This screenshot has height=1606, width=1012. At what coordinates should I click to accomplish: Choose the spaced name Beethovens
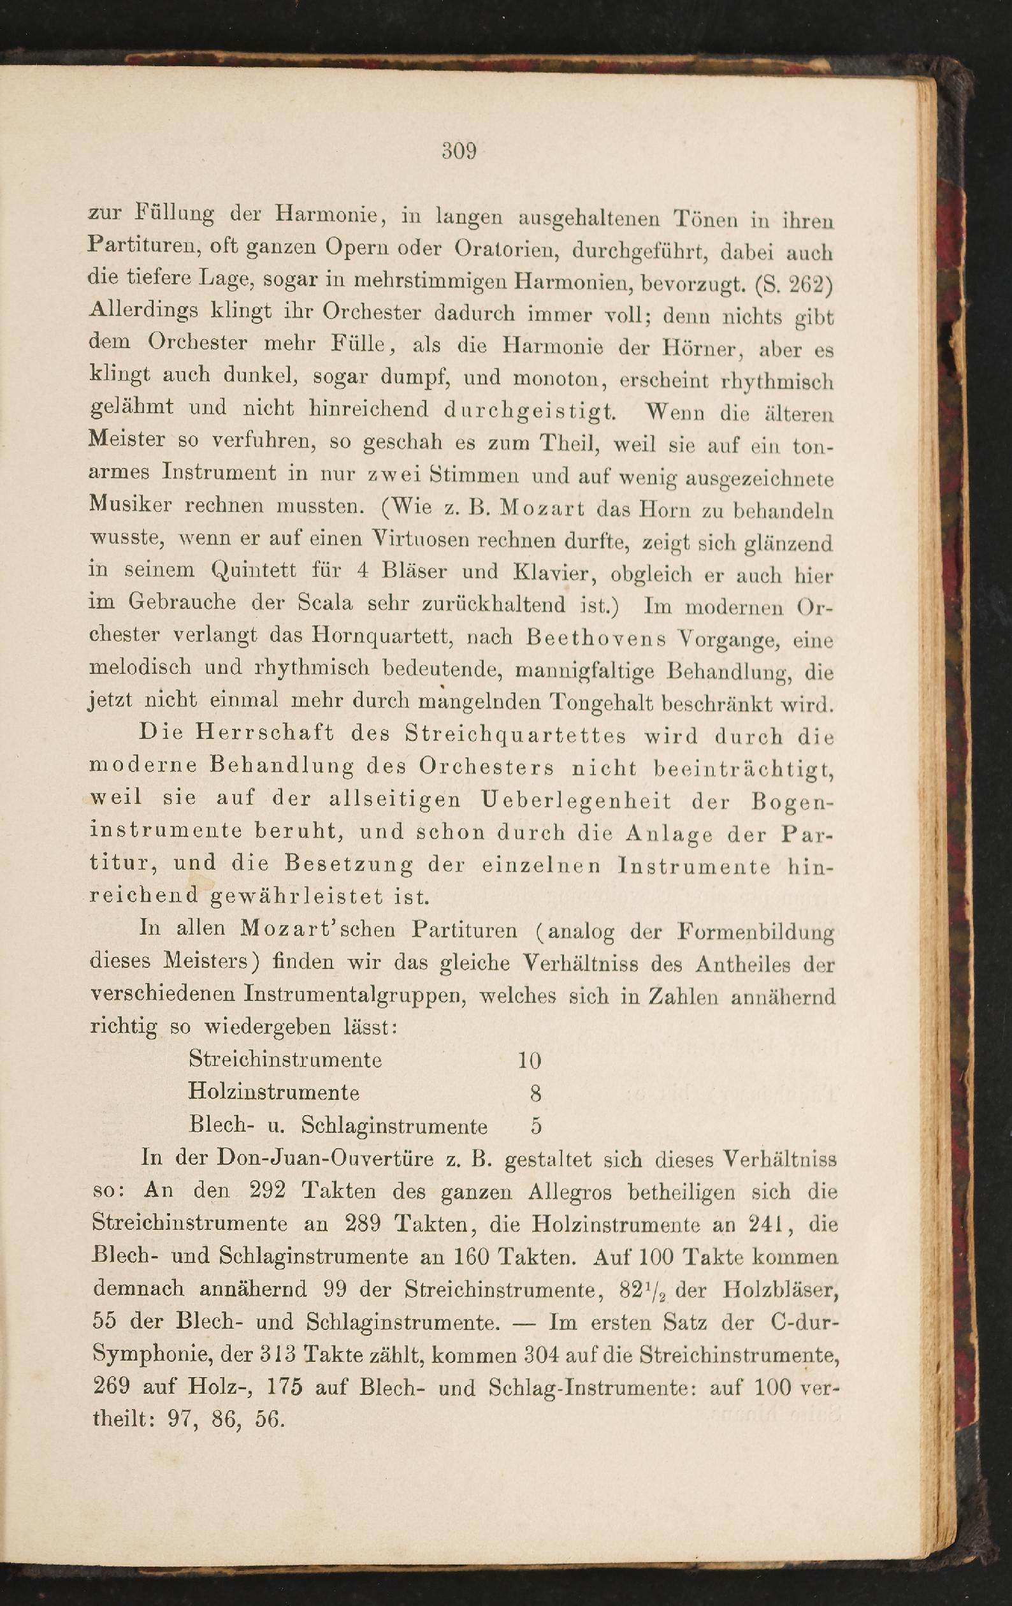(x=595, y=638)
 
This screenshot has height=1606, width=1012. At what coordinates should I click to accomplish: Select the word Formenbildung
(x=755, y=931)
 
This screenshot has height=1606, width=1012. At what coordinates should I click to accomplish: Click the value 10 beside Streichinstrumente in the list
(x=530, y=1061)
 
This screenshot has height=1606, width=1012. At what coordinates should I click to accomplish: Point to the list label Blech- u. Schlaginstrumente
(x=338, y=1127)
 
